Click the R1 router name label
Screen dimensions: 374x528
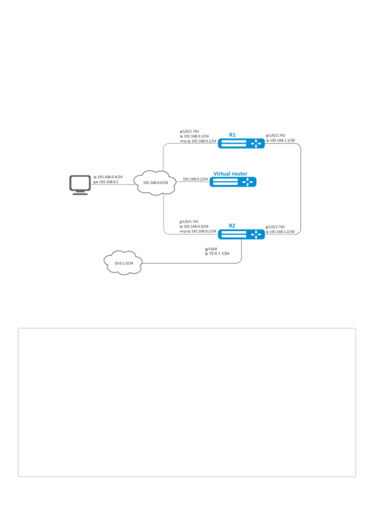[x=232, y=135]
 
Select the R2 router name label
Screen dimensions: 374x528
[x=232, y=225]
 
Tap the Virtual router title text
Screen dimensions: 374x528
[x=230, y=174]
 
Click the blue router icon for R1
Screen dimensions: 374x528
[x=241, y=143]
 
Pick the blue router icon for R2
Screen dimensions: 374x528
[x=241, y=234]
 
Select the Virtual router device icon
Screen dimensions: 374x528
[x=233, y=182]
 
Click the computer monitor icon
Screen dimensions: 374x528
[x=80, y=185]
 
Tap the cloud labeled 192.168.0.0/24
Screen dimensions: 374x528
[x=155, y=183]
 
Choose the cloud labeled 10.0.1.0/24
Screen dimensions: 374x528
[x=123, y=262]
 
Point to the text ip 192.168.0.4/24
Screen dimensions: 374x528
[x=108, y=177]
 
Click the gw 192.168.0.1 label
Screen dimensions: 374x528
[x=106, y=182]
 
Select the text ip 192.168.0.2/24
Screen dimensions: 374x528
[x=194, y=136]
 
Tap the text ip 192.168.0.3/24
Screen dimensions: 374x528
[x=194, y=226]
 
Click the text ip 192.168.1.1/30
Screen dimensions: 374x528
[x=280, y=140]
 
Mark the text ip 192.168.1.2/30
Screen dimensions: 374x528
[x=280, y=232]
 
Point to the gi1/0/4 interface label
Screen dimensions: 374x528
[x=211, y=249]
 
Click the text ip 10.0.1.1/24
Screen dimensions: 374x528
[x=217, y=254]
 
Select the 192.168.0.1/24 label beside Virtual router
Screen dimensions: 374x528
[x=195, y=179]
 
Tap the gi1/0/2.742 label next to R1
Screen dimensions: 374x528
[x=275, y=135]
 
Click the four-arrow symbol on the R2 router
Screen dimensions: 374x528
[x=256, y=235]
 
